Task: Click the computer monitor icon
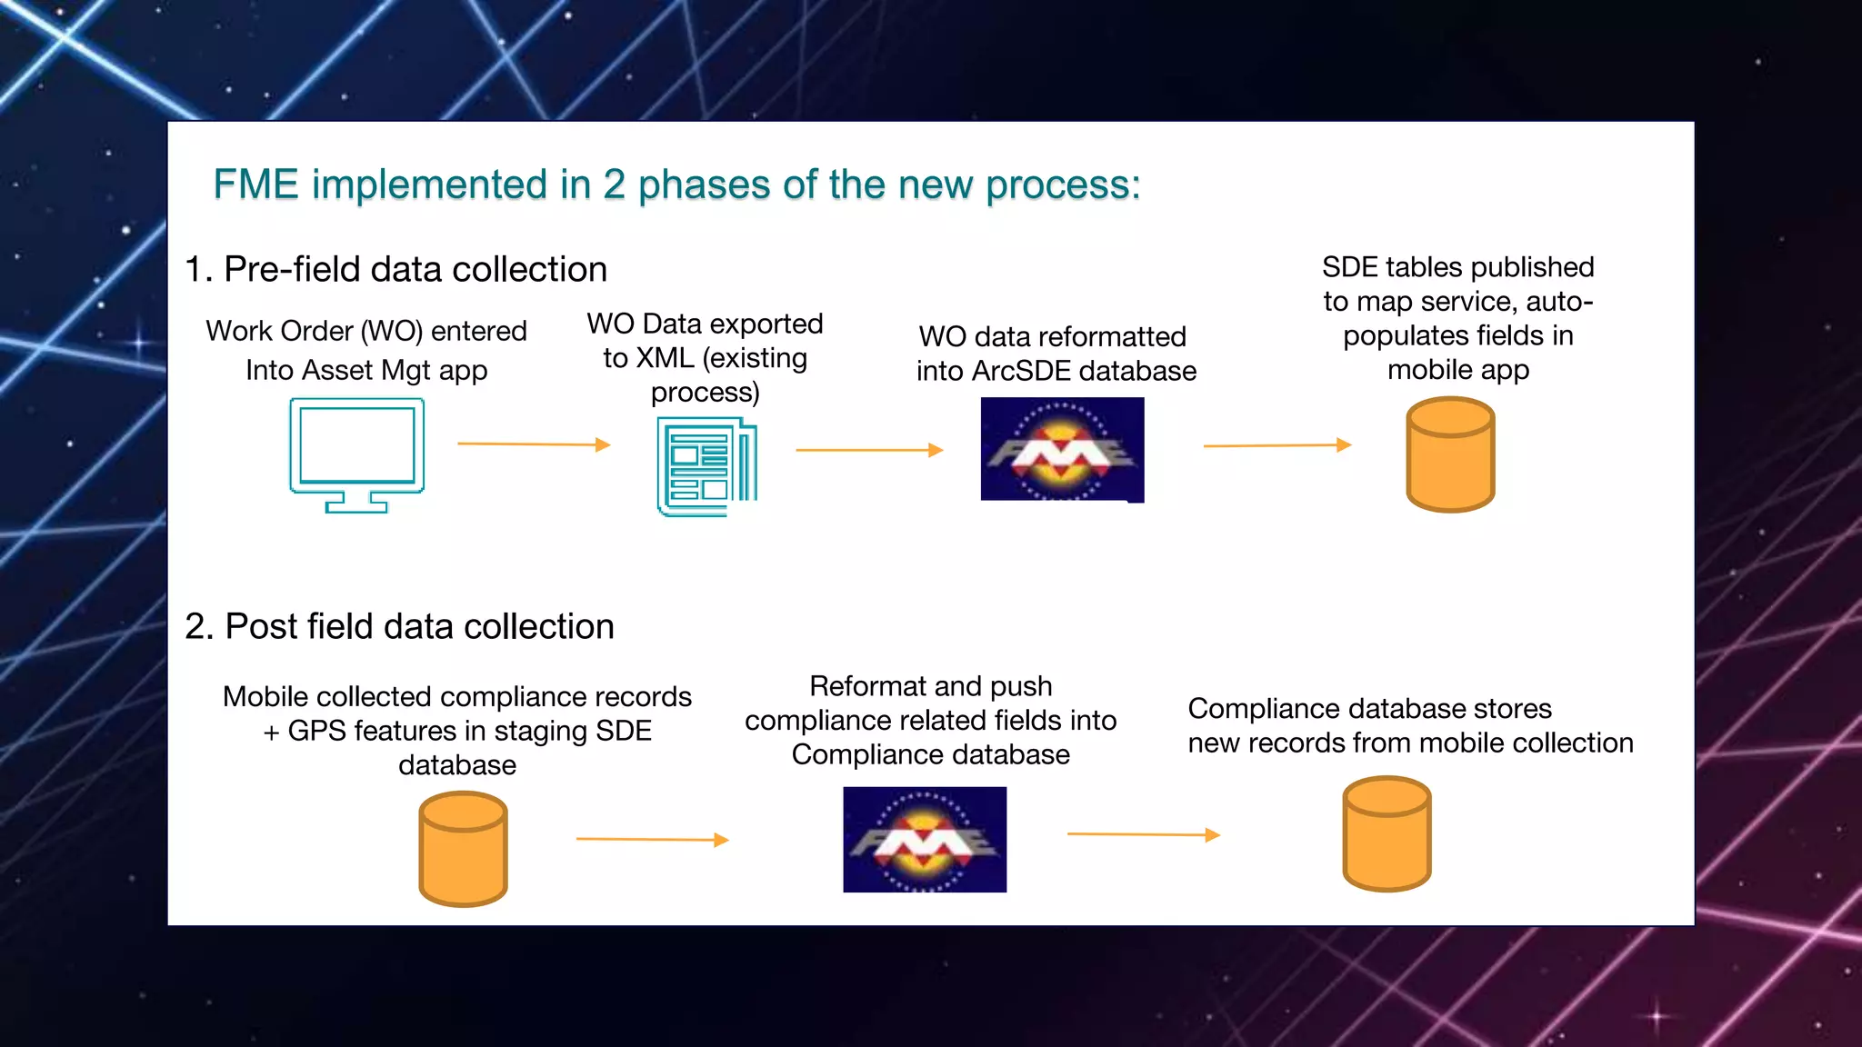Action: pos(356,454)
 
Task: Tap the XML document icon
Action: pos(706,466)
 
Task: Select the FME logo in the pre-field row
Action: pos(1062,450)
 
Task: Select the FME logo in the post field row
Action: pos(925,840)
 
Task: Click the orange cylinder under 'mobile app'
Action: pos(1450,454)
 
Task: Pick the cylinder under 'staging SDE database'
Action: pos(463,849)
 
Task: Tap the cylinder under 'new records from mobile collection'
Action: pos(1386,833)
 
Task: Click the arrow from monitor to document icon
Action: pos(533,444)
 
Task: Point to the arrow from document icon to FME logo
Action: pos(869,450)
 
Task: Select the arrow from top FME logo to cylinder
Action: pos(1276,445)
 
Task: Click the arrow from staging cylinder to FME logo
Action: pos(652,839)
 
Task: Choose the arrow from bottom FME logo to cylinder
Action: pos(1143,834)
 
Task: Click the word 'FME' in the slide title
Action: pos(255,184)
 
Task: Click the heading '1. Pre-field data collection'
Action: pos(395,270)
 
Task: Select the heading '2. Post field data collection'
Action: pos(399,627)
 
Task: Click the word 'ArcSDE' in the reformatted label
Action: pos(1020,372)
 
